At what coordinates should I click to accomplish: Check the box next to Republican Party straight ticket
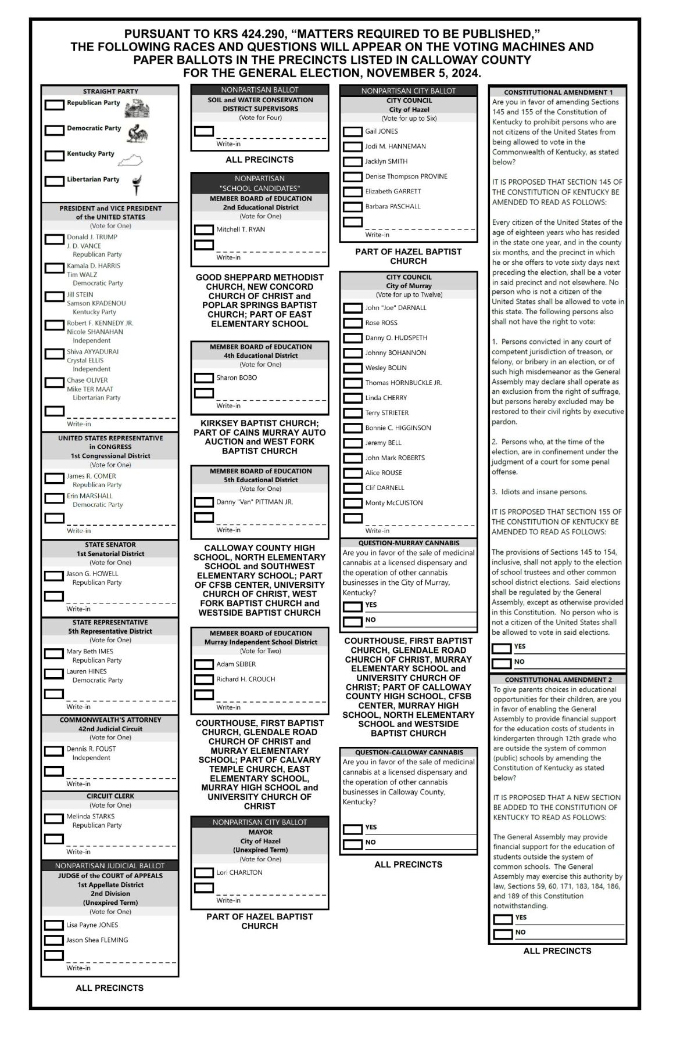(55, 105)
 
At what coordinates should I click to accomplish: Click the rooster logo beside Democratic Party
(138, 134)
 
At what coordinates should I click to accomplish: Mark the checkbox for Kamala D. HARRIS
(55, 268)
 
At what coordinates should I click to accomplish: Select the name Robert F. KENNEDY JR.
(99, 323)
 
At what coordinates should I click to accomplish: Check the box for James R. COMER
(55, 479)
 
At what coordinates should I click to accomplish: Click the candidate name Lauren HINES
(87, 671)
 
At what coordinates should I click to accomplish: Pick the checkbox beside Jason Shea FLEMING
(54, 940)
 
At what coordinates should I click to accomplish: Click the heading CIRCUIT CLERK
(110, 796)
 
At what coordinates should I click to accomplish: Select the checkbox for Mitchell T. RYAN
(203, 230)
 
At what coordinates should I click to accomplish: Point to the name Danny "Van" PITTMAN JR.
(255, 502)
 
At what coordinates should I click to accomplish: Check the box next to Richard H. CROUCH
(203, 680)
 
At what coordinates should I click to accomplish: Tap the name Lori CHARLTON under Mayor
(239, 872)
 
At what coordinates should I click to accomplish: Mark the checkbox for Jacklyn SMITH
(352, 162)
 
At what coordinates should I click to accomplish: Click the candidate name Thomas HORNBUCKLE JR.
(403, 383)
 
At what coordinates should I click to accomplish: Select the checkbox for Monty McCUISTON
(352, 504)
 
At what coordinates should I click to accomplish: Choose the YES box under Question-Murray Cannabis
(352, 607)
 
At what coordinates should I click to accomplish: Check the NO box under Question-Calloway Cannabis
(352, 844)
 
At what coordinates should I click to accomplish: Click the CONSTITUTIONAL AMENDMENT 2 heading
(558, 680)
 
